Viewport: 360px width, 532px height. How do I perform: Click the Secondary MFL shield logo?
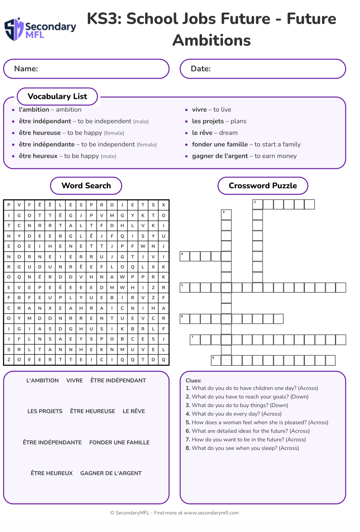pyautogui.click(x=14, y=29)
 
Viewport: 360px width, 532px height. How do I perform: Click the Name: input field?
pyautogui.click(x=86, y=69)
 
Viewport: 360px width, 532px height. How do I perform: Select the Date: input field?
pyautogui.click(x=263, y=69)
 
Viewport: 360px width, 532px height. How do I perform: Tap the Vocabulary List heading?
pyautogui.click(x=57, y=97)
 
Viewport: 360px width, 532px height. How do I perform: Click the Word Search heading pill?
pyautogui.click(x=86, y=186)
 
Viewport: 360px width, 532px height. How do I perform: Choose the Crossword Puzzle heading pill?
pyautogui.click(x=263, y=186)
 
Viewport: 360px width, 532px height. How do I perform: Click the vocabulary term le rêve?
pyautogui.click(x=202, y=133)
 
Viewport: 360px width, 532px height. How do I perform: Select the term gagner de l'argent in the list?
pyautogui.click(x=220, y=156)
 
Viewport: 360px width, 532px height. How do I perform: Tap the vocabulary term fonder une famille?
pyautogui.click(x=220, y=145)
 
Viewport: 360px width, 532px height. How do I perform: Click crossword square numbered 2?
pyautogui.click(x=257, y=205)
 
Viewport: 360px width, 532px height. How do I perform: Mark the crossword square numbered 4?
pyautogui.click(x=185, y=256)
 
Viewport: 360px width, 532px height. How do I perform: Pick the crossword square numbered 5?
pyautogui.click(x=216, y=361)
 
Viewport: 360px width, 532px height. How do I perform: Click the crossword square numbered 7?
pyautogui.click(x=195, y=340)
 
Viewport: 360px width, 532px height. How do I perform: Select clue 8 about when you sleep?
pyautogui.click(x=242, y=448)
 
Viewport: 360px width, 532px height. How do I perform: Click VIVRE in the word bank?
pyautogui.click(x=75, y=381)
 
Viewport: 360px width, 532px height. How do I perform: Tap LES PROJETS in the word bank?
pyautogui.click(x=45, y=411)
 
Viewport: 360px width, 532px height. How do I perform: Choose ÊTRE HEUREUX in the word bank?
pyautogui.click(x=52, y=474)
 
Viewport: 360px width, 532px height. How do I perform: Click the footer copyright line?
pyautogui.click(x=174, y=513)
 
